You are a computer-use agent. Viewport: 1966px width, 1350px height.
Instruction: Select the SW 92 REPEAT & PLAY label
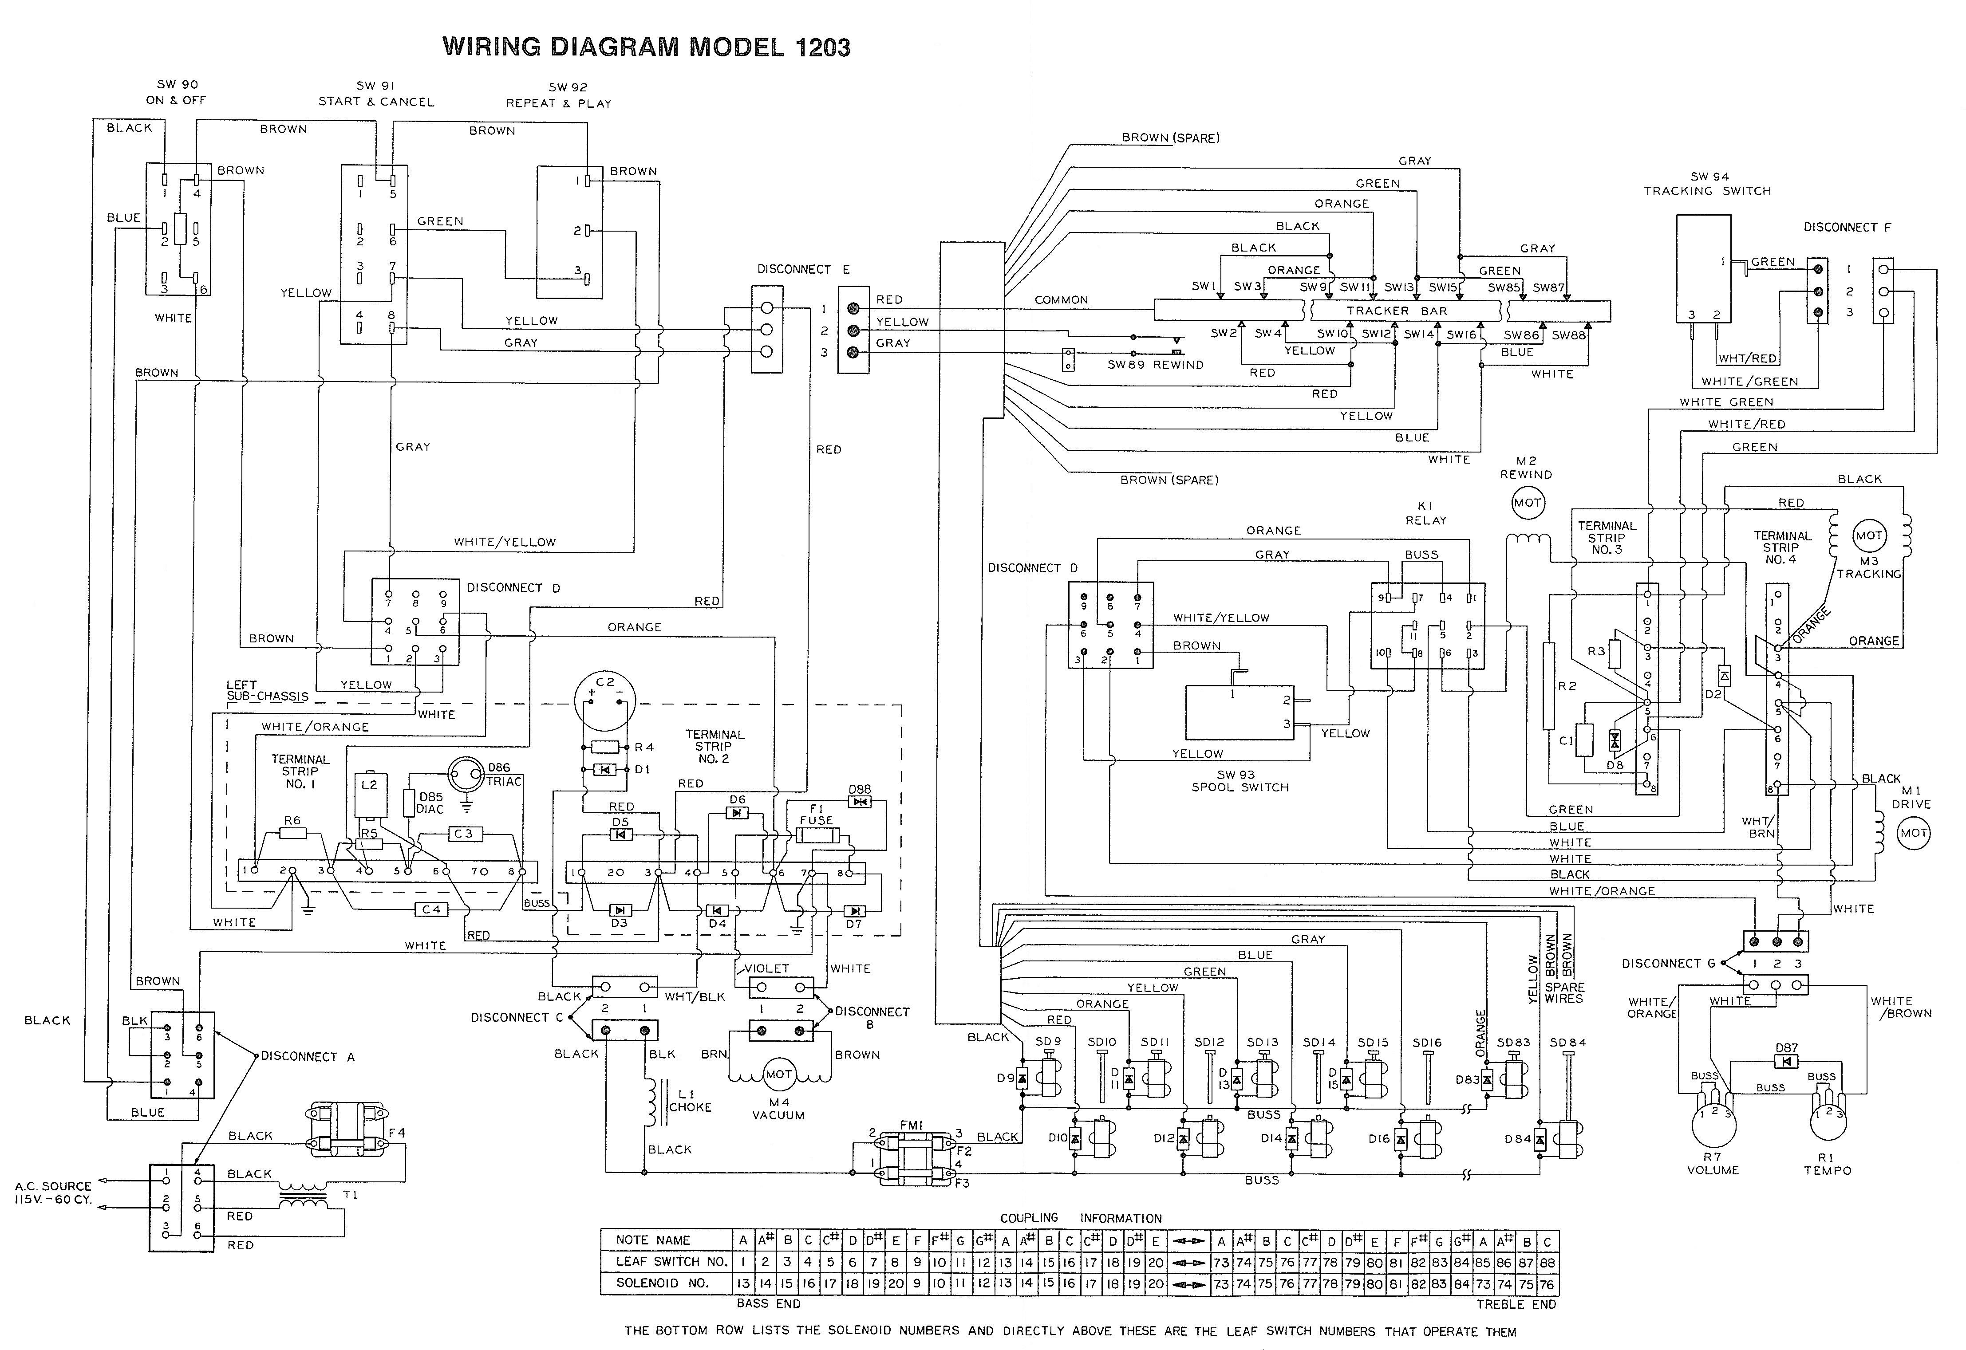tap(558, 95)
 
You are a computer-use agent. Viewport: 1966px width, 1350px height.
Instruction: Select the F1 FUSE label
tap(816, 815)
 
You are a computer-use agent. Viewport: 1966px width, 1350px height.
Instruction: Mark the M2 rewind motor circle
tap(1527, 503)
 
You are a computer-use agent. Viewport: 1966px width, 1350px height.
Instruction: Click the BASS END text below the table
tap(768, 1303)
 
